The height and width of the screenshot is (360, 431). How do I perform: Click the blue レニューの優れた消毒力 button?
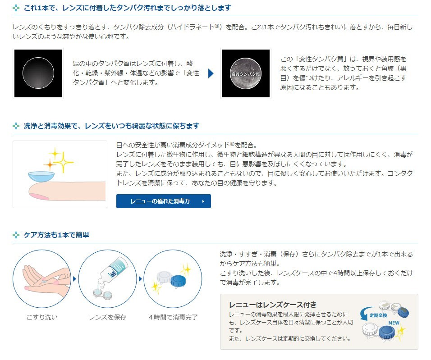pyautogui.click(x=164, y=201)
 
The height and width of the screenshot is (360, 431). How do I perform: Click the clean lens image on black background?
pyautogui.click(x=38, y=73)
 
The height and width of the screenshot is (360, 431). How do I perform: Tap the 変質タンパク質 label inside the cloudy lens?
pyautogui.click(x=245, y=74)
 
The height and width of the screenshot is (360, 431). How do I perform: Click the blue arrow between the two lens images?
pyautogui.click(x=211, y=73)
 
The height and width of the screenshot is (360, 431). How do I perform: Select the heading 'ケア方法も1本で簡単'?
pyautogui.click(x=56, y=235)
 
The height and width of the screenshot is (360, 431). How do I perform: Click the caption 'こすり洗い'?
pyautogui.click(x=42, y=317)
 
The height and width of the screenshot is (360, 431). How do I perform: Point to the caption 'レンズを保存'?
pyautogui.click(x=107, y=317)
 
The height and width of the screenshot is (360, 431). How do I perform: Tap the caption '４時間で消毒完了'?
pyautogui.click(x=173, y=317)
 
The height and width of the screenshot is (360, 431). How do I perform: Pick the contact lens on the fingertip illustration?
pyautogui.click(x=41, y=176)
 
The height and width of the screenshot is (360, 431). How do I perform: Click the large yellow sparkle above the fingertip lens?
pyautogui.click(x=64, y=162)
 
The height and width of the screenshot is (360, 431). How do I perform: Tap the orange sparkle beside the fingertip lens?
pyautogui.click(x=50, y=164)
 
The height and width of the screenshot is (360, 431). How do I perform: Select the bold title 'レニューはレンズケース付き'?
pyautogui.click(x=273, y=305)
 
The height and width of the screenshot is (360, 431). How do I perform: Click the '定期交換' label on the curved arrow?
pyautogui.click(x=378, y=315)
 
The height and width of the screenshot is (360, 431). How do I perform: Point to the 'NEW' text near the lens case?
pyautogui.click(x=394, y=323)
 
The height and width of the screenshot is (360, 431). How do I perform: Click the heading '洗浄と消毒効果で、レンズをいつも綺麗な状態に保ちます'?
pyautogui.click(x=111, y=126)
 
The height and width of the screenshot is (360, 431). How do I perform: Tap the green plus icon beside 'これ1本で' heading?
pyautogui.click(x=16, y=8)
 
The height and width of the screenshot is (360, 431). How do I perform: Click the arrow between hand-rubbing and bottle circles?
pyautogui.click(x=74, y=279)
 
